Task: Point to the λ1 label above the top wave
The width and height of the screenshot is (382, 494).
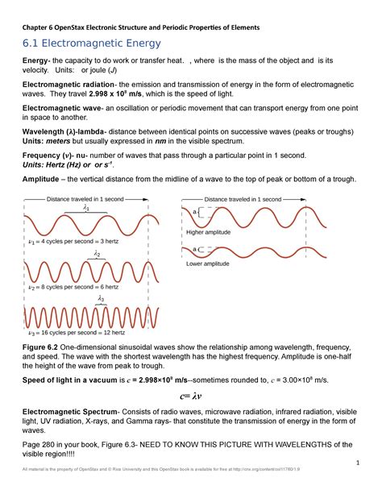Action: point(87,207)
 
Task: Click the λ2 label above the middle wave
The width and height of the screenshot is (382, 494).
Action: point(96,254)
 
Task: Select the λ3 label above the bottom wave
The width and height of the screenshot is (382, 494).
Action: point(102,298)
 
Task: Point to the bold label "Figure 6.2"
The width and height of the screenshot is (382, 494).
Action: point(44,345)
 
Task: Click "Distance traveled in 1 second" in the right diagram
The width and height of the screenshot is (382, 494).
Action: point(243,198)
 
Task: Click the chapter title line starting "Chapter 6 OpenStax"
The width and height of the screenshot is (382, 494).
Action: point(141,27)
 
